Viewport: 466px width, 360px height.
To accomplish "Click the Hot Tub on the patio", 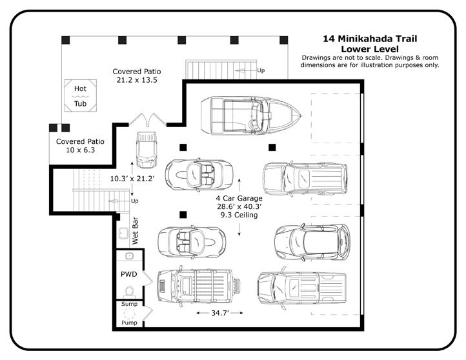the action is pos(80,95).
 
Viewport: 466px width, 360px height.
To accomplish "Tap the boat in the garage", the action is pos(251,115).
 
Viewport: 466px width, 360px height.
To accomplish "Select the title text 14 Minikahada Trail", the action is pos(370,39).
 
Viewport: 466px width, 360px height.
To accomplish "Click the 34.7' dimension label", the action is pos(219,313).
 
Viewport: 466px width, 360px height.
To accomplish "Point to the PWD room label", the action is pos(128,274).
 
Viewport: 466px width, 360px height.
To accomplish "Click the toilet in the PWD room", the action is pos(129,292).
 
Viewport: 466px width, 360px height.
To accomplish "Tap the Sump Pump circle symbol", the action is pos(129,314).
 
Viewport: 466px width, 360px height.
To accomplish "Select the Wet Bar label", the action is pos(135,230).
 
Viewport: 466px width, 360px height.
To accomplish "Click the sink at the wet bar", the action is pos(123,233).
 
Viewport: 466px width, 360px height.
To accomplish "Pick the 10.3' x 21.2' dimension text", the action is pos(132,179).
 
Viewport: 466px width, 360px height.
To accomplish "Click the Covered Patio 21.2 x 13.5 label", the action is pos(137,75).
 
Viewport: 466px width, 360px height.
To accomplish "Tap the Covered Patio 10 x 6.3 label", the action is pos(80,146).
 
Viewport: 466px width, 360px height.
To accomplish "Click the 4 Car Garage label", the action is pos(239,198).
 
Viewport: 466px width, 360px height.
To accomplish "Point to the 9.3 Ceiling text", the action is pos(239,215).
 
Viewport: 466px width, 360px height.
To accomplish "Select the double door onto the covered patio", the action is pos(148,120).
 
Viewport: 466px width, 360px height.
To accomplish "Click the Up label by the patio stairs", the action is pos(261,70).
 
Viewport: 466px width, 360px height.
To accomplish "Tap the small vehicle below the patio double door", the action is pos(147,150).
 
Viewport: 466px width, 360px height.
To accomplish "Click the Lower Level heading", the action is pos(370,49).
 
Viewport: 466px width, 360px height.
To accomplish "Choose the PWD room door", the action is pos(148,278).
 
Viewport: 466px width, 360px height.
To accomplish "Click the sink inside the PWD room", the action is pos(129,255).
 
